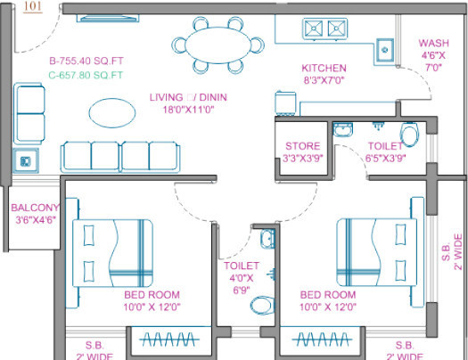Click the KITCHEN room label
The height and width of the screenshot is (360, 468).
324,69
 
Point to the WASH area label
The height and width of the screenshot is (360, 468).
434,43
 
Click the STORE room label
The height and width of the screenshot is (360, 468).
302,146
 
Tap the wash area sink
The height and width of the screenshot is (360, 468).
385,47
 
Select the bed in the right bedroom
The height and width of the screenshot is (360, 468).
374,251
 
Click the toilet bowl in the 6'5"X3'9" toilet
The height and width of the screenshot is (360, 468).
408,135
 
